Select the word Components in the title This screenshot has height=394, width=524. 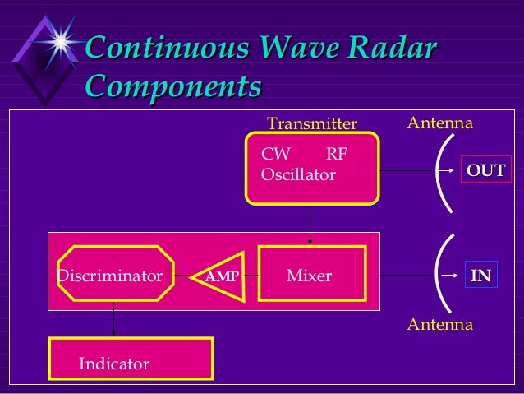click(x=173, y=86)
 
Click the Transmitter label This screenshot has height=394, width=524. click(x=312, y=124)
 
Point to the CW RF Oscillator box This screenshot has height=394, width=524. click(x=313, y=167)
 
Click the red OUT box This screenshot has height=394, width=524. click(x=485, y=170)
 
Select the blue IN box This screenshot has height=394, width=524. click(x=480, y=276)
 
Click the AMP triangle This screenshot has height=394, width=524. click(x=219, y=276)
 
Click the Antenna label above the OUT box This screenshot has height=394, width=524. click(x=440, y=123)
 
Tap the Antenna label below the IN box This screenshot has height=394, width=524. click(x=440, y=325)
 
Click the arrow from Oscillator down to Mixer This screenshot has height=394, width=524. click(x=310, y=223)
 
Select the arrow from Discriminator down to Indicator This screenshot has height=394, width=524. click(x=114, y=319)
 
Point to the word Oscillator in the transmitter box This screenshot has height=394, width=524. click(x=297, y=175)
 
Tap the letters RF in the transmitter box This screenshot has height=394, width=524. click(x=337, y=154)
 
